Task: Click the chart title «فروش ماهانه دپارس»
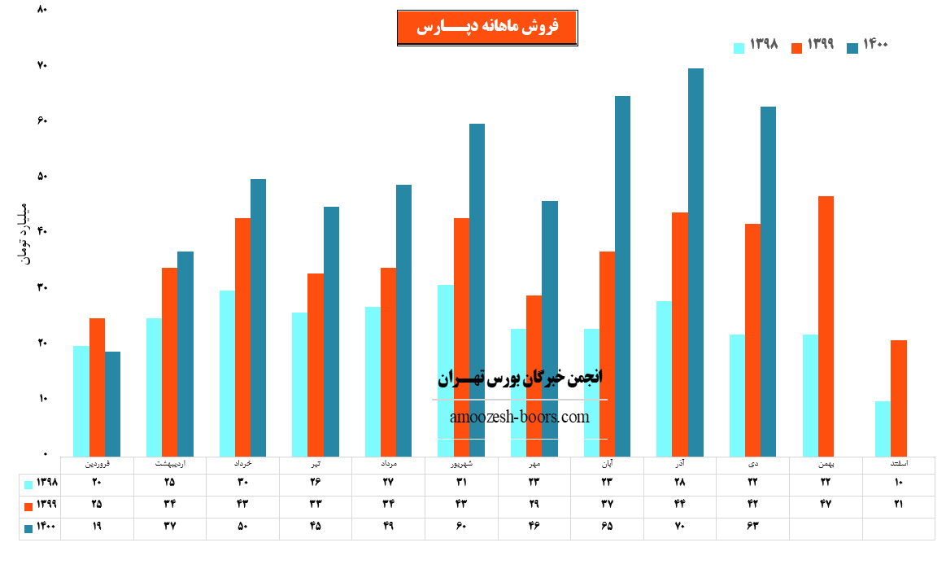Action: click(x=487, y=28)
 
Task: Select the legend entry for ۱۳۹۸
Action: click(x=756, y=46)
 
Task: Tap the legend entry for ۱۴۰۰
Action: click(x=867, y=46)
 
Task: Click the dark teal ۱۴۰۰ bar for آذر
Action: click(x=695, y=261)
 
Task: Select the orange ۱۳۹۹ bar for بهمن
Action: click(x=826, y=326)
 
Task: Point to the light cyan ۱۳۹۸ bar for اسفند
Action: click(x=883, y=428)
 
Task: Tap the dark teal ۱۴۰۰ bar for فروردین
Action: click(x=112, y=403)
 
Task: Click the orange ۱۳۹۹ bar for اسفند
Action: click(x=898, y=397)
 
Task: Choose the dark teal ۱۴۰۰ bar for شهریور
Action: click(x=477, y=289)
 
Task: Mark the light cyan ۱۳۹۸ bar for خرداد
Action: click(x=227, y=373)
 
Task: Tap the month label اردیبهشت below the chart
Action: click(x=170, y=464)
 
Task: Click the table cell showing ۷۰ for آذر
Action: click(x=680, y=526)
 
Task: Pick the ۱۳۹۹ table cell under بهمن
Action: click(x=826, y=504)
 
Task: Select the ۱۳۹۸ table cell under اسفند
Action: click(x=898, y=483)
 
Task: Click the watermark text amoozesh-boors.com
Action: click(x=519, y=418)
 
